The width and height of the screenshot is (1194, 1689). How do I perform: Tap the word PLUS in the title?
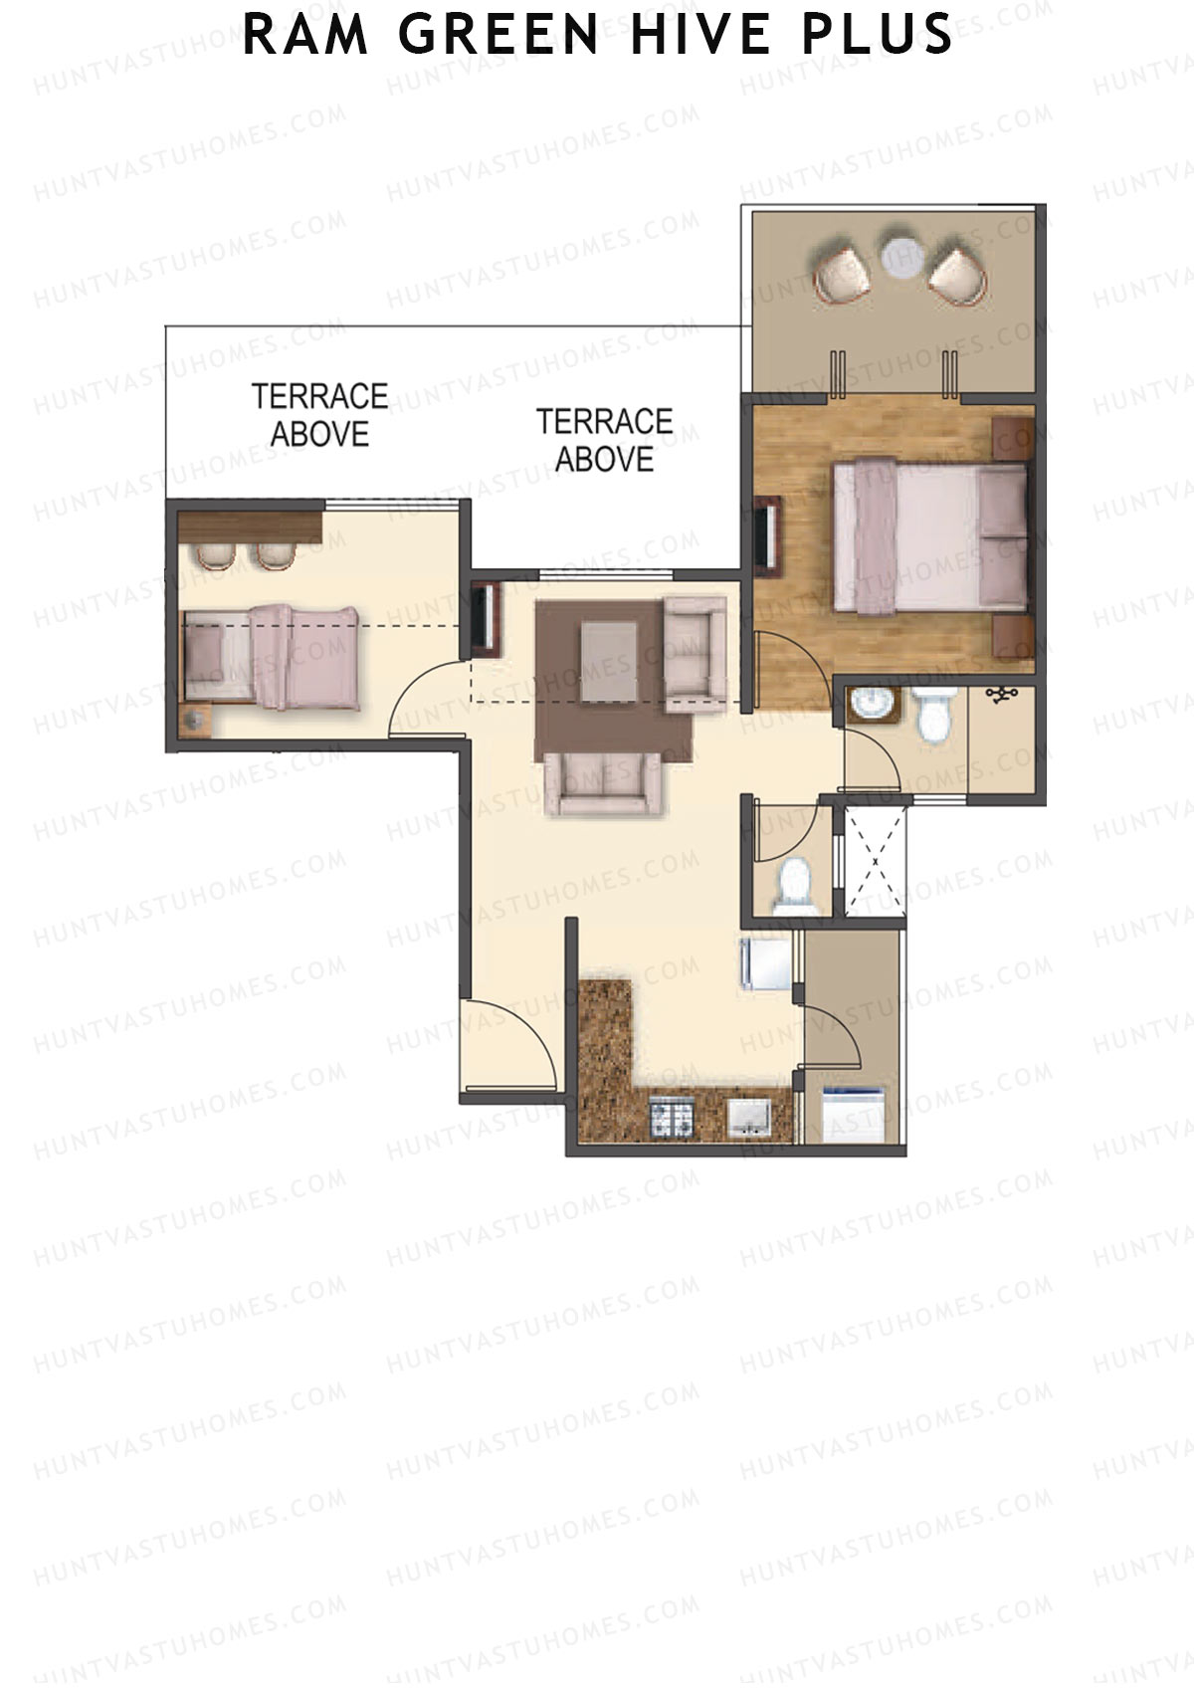coord(878,34)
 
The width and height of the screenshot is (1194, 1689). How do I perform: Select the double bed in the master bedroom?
coord(929,537)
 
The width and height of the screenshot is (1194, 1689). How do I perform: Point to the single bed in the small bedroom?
coord(272,655)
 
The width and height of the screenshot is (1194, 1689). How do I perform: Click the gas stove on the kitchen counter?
coord(671,1118)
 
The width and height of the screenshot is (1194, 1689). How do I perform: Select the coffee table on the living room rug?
coord(609,660)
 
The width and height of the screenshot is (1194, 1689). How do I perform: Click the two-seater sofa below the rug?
coord(603,783)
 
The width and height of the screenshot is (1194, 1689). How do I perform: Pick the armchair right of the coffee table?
coord(695,654)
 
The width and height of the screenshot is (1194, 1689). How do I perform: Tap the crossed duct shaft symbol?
coord(875,860)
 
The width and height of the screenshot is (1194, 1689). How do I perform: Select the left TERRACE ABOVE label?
coord(319,415)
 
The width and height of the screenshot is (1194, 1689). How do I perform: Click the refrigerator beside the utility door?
coord(766,962)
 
